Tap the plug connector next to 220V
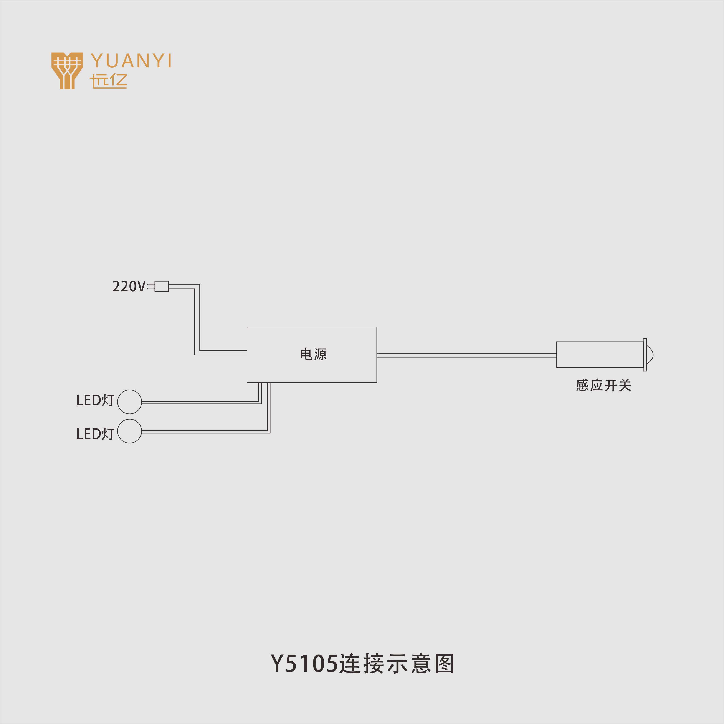coord(161,286)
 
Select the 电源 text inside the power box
coord(313,354)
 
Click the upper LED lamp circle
coord(129,402)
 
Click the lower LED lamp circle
coord(129,431)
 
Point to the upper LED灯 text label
coord(95,400)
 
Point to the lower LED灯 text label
coord(95,434)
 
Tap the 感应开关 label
coord(603,385)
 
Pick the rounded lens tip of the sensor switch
coord(650,354)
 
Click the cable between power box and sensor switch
coord(466,355)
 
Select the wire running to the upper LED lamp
coord(200,402)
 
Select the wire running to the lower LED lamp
coord(204,432)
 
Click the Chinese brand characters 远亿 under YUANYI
coord(108,81)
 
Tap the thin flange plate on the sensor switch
coord(645,354)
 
